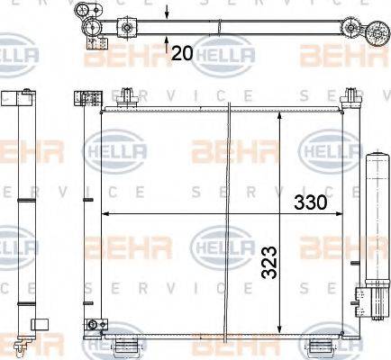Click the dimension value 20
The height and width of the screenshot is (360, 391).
(182, 53)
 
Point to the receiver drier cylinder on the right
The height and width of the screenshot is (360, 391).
(374, 229)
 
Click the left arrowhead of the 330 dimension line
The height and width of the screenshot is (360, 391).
(106, 214)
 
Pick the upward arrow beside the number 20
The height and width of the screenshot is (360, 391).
(168, 37)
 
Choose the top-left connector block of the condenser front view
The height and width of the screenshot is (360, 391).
(89, 98)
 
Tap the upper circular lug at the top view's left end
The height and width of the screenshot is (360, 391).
(87, 10)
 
